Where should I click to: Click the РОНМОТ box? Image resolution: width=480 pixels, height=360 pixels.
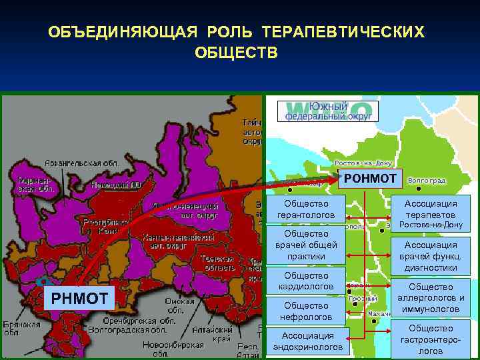coord(370,178)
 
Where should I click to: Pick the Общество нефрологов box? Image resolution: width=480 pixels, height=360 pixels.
coord(306,311)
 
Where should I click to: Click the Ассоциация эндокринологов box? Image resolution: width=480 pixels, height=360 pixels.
coord(307,341)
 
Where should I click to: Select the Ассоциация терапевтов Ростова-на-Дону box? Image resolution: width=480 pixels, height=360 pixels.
coord(431,214)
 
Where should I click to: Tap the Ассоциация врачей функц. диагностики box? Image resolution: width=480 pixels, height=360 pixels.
coord(431,256)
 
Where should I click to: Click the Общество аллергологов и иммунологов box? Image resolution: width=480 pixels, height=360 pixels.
coord(431,298)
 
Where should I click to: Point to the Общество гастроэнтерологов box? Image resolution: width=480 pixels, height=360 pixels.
coord(431,339)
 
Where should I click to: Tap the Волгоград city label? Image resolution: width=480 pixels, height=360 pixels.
coord(426,181)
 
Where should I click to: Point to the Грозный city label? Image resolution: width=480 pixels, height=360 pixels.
coord(363,299)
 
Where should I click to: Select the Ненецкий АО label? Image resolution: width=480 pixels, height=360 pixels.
coord(114,185)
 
